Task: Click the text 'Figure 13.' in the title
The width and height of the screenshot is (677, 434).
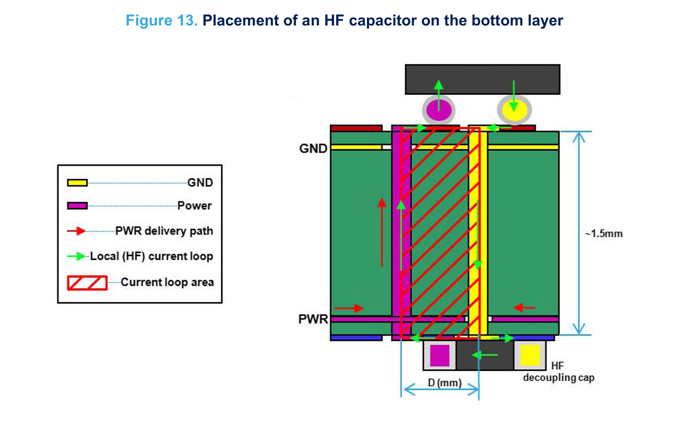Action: (161, 21)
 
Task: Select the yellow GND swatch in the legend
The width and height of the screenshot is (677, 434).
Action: (77, 183)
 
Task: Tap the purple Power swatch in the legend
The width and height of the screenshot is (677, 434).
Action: (77, 206)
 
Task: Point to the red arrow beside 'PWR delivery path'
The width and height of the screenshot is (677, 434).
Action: (77, 231)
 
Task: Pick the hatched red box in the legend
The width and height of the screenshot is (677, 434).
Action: (87, 283)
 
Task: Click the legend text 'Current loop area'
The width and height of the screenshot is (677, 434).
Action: (167, 282)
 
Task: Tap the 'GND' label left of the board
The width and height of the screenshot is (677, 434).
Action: (313, 149)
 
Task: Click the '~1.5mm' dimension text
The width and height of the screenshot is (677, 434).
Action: (604, 234)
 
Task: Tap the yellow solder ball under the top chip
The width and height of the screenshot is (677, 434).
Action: (514, 111)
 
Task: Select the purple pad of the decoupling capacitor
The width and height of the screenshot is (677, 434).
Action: (440, 355)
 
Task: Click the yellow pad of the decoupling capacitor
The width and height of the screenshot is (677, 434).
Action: (530, 355)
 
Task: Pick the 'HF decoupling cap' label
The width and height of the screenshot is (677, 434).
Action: (558, 372)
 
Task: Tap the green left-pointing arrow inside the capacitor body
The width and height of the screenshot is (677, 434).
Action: (485, 354)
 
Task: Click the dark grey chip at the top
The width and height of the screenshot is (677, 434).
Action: (482, 79)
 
